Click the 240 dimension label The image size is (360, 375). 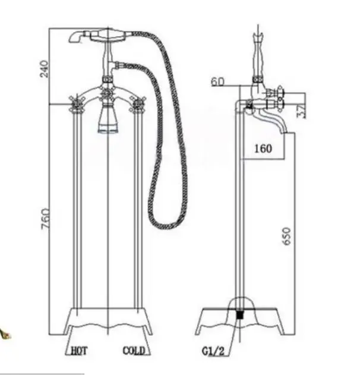[45, 69]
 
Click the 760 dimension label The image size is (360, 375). [46, 219]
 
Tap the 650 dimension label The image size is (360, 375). [287, 237]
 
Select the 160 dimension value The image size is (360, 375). [263, 149]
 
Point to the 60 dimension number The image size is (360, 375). [218, 82]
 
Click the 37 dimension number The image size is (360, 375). [302, 111]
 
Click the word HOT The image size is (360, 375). [80, 351]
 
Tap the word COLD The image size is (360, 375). [134, 351]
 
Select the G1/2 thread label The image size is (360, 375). [213, 351]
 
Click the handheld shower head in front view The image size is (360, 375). [97, 36]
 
